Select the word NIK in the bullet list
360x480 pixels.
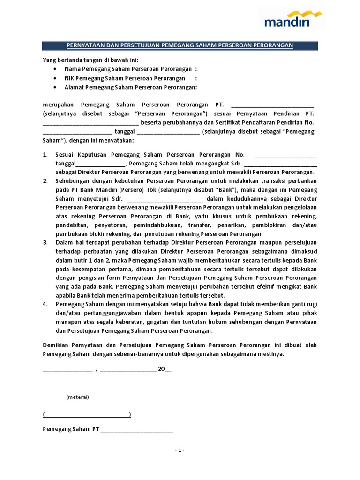(70, 78)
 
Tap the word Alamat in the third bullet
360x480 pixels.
(74, 87)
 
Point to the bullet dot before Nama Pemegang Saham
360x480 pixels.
(55, 69)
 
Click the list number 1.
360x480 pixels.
(45, 155)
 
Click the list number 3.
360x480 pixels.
(45, 242)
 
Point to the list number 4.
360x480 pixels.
(45, 304)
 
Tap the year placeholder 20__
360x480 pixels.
(165, 368)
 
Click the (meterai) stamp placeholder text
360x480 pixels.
(77, 397)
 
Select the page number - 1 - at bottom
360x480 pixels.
(180, 450)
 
